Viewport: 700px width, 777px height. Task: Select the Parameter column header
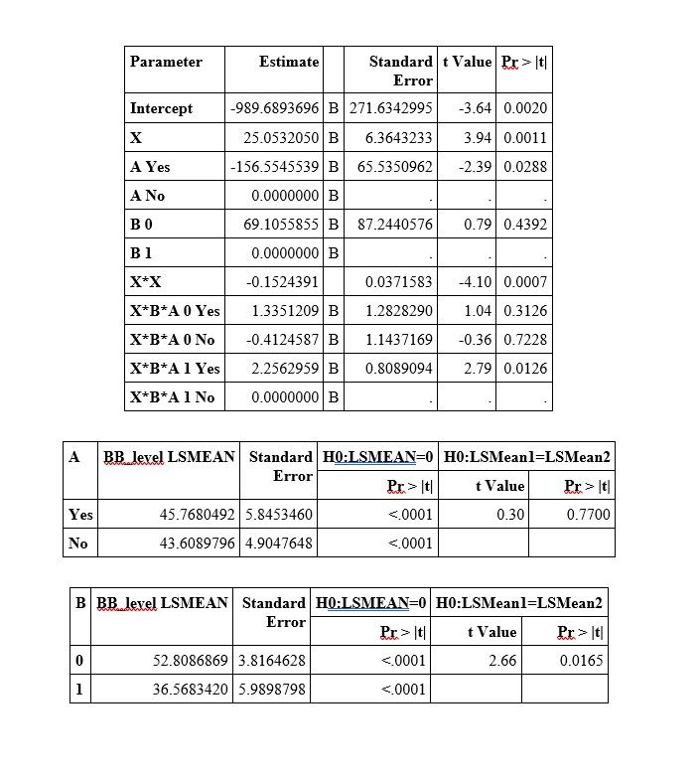click(x=166, y=62)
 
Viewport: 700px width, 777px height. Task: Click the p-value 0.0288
click(x=525, y=166)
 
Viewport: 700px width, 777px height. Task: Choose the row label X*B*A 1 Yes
click(x=175, y=369)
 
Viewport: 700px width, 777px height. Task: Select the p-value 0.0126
click(x=525, y=369)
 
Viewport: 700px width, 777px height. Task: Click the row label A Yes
click(x=150, y=166)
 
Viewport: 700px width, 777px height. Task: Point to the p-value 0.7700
click(x=588, y=515)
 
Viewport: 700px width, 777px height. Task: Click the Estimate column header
click(x=289, y=62)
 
